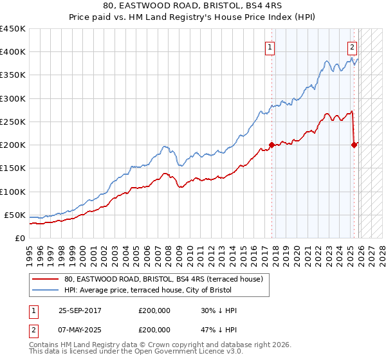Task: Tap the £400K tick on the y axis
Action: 12,52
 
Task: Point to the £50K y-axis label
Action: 14,215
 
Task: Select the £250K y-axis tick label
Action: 12,122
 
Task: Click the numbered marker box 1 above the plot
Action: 270,46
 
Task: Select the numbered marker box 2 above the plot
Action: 353,46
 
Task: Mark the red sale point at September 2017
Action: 271,145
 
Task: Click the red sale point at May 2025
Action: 354,145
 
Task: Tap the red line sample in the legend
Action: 46,280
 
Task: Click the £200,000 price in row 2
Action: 154,330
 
